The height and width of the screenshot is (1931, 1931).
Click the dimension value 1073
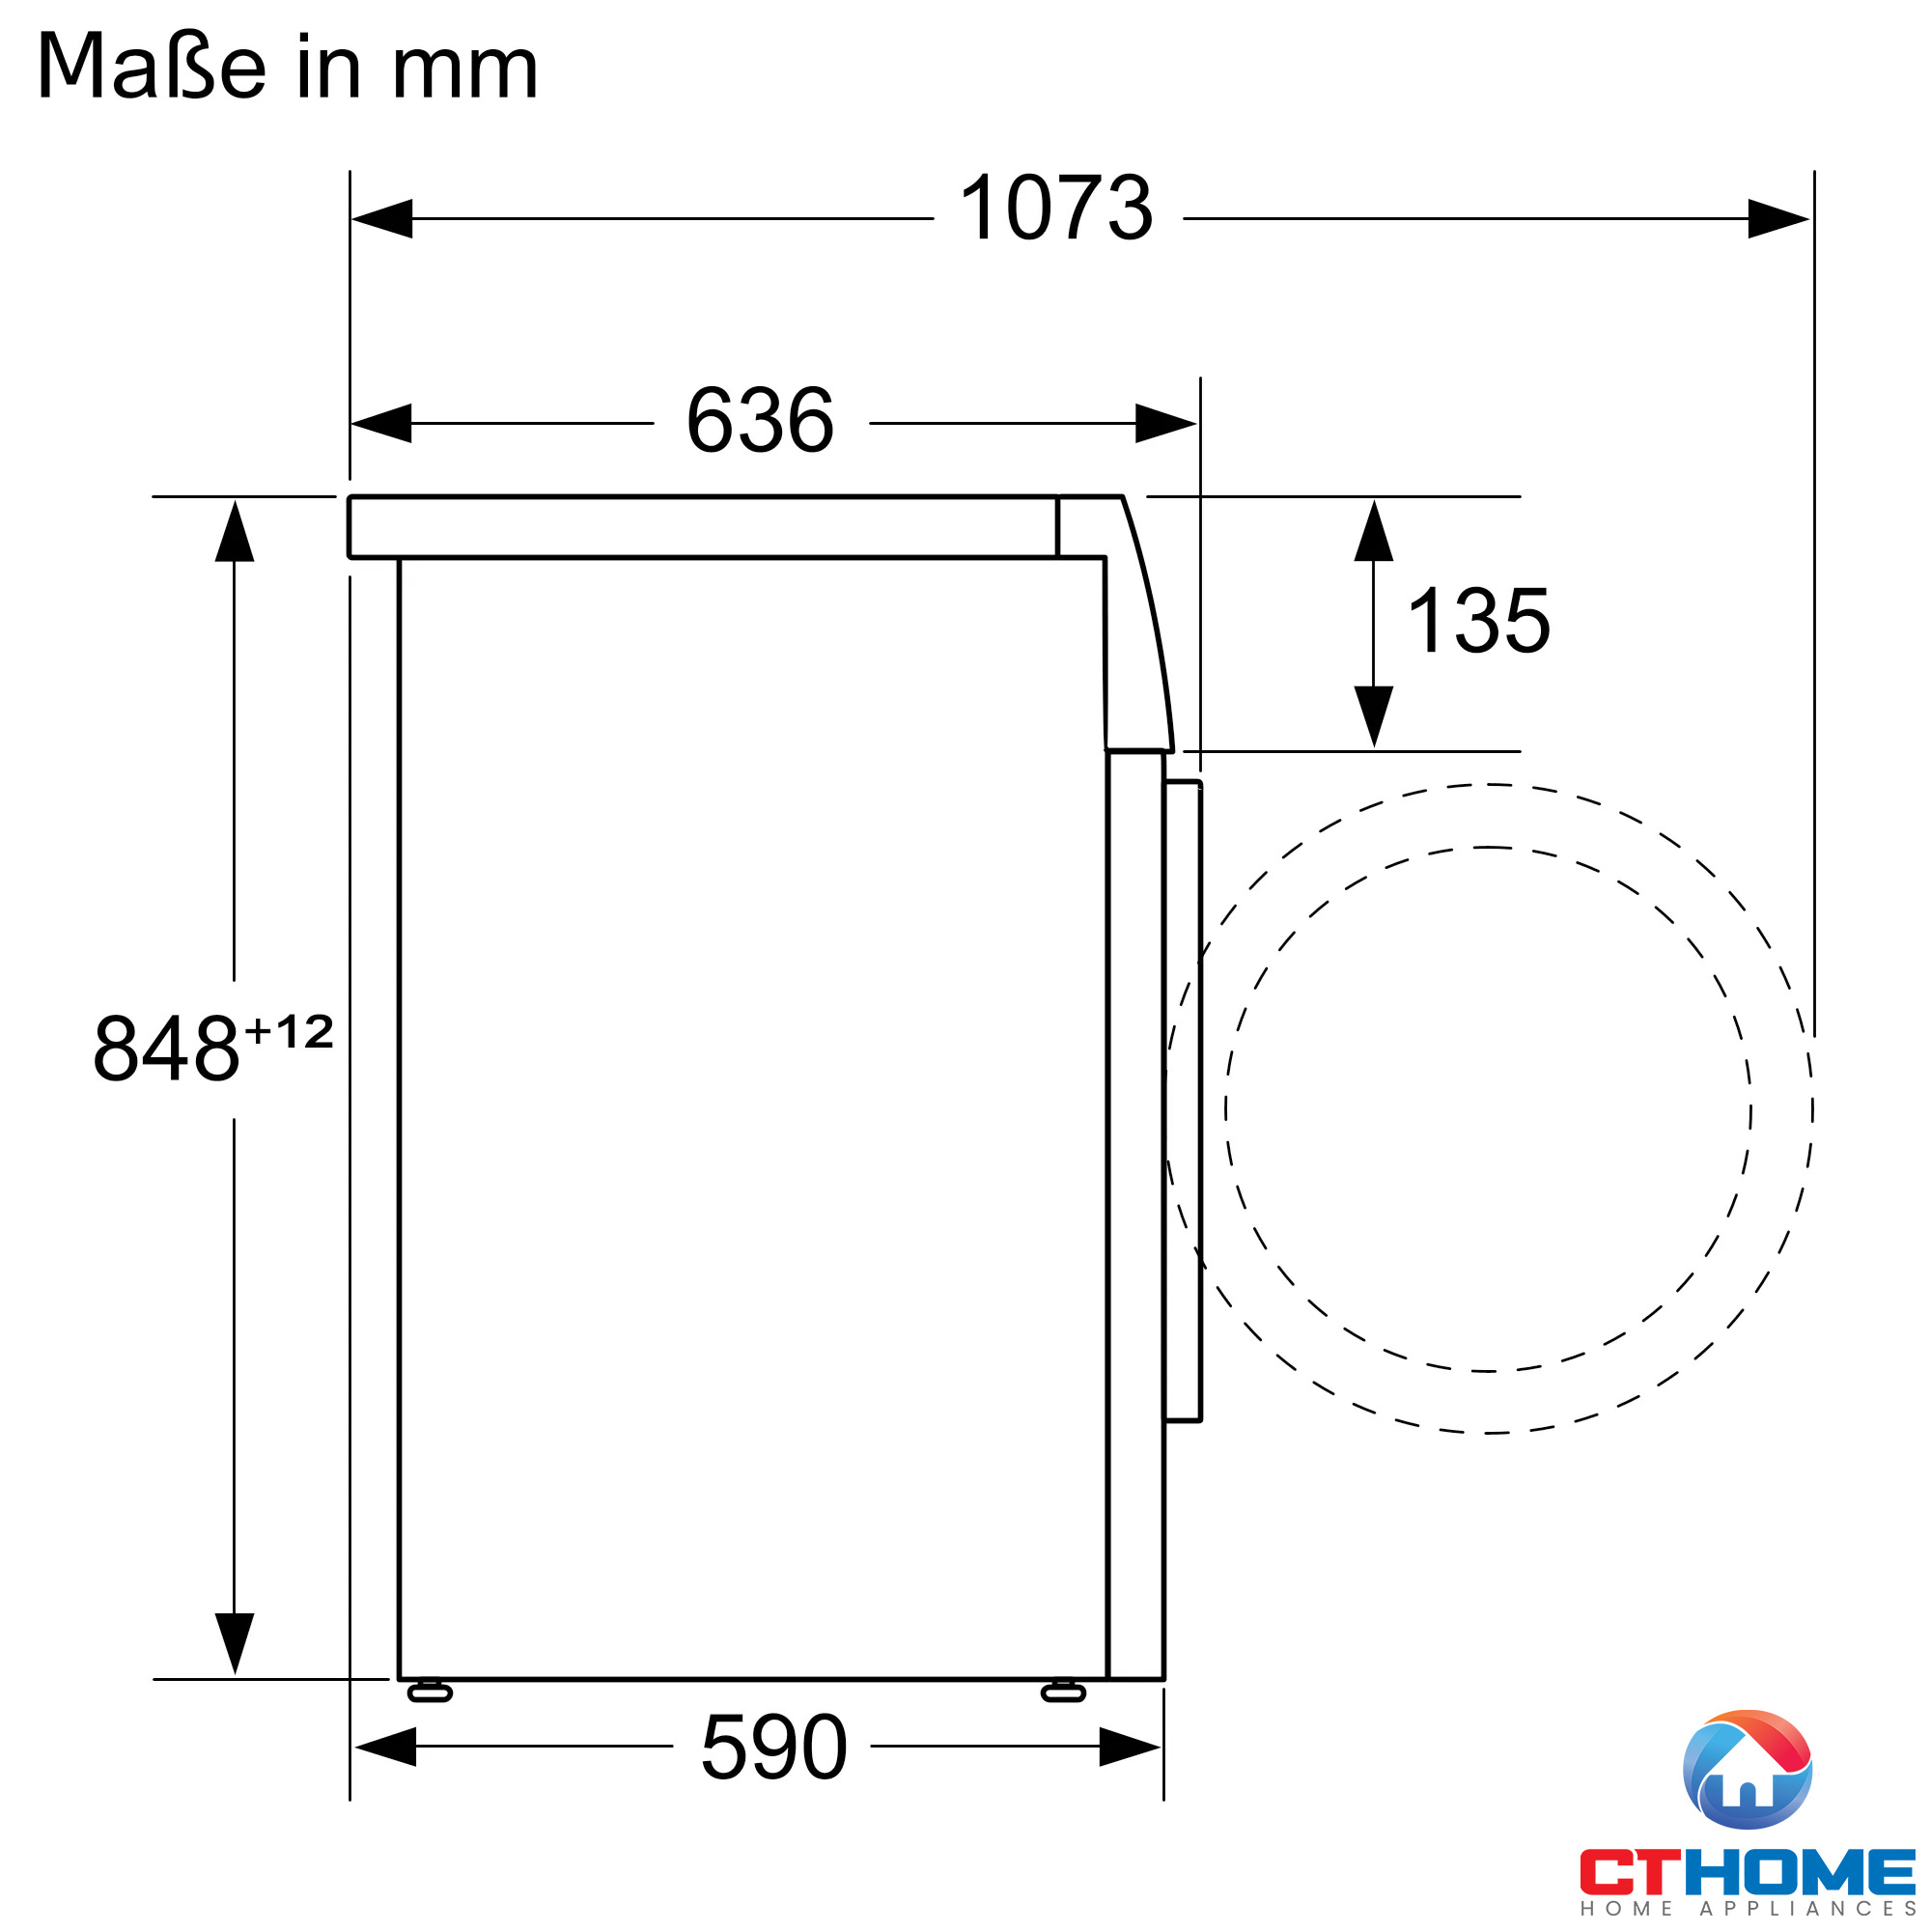pyautogui.click(x=1056, y=208)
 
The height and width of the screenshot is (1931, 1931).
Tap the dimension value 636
pyautogui.click(x=760, y=421)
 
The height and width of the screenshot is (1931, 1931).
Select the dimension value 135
pyautogui.click(x=1478, y=621)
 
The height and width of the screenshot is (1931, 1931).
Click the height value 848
pyautogui.click(x=166, y=1049)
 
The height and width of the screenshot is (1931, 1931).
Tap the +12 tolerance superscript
pyautogui.click(x=289, y=1031)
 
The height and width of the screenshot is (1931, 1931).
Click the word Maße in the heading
pyautogui.click(x=151, y=66)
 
